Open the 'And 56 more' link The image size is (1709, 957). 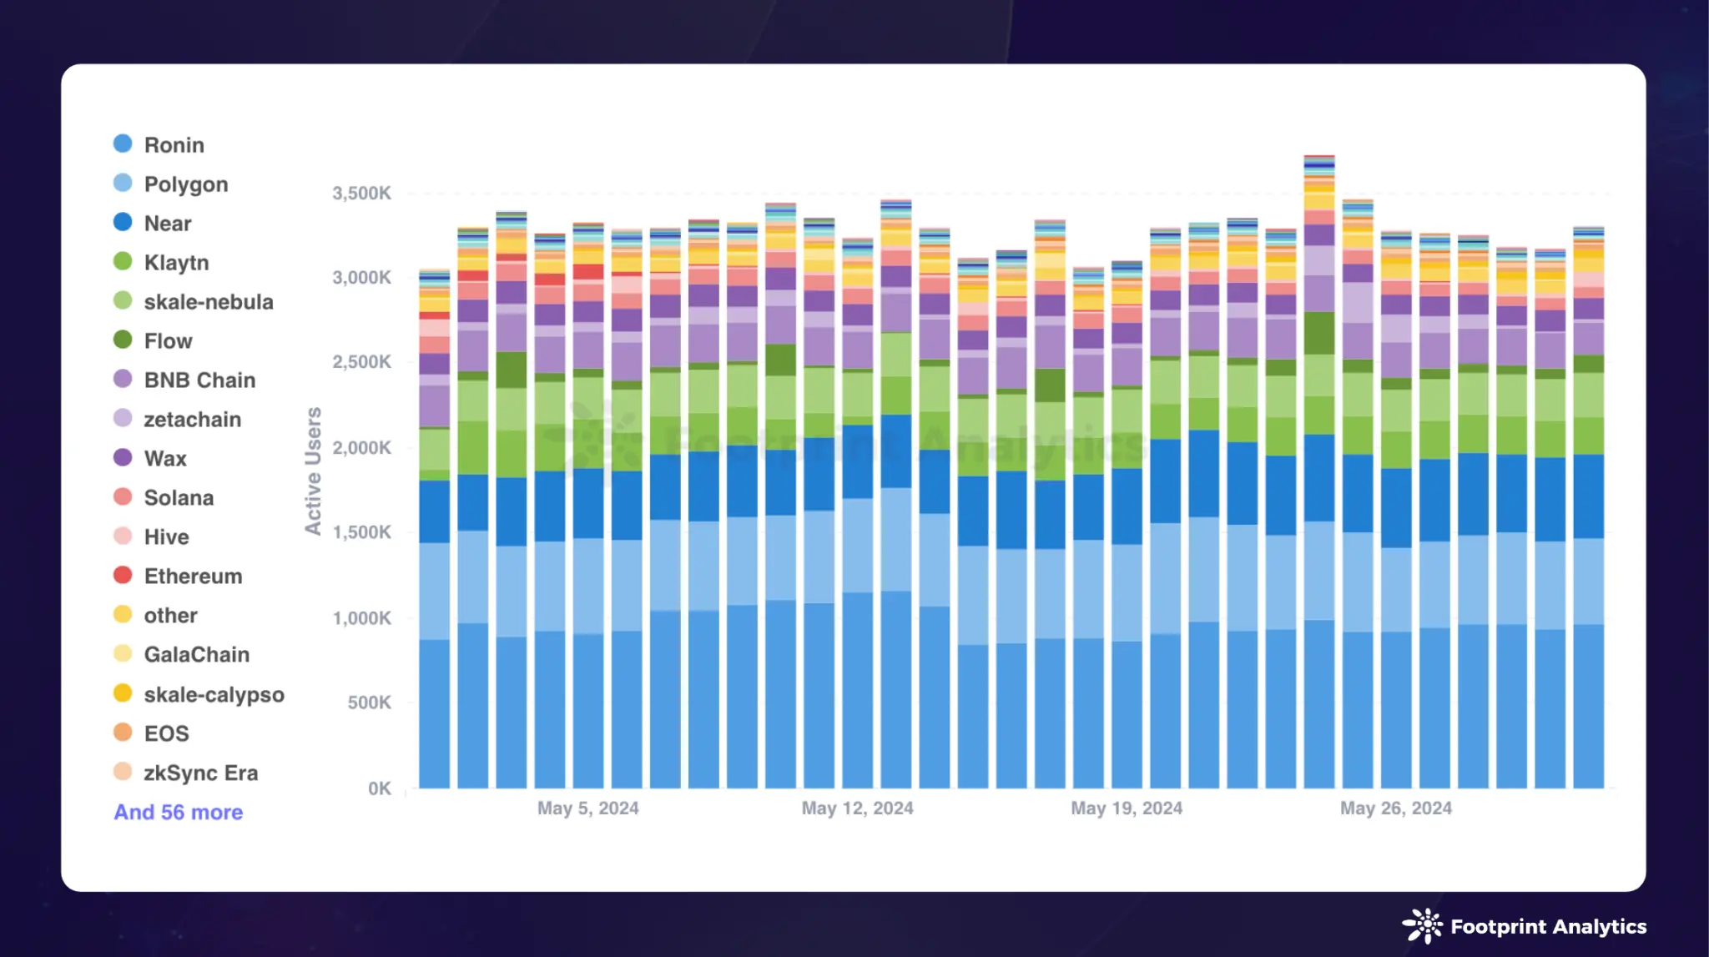pos(179,812)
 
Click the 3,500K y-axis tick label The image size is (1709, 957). pos(361,194)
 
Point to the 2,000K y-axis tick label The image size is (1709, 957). pos(361,448)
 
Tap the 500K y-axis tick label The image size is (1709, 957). pos(369,703)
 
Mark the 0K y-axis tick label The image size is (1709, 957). pos(379,788)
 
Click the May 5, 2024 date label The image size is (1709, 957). pos(587,808)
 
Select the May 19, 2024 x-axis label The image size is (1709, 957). pos(1127,808)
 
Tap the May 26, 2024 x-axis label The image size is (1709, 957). pos(1395,808)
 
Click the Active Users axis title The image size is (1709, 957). pos(313,471)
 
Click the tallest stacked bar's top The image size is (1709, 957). pos(1319,157)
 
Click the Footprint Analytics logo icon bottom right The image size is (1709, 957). pos(1422,926)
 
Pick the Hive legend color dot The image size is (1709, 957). pos(123,536)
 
